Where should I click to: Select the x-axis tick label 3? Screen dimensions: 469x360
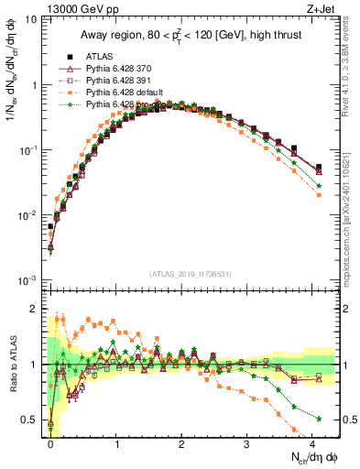247,443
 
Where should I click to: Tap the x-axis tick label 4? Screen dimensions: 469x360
312,443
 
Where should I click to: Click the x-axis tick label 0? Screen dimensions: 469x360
50,443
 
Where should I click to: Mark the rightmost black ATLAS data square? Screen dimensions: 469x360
318,168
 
